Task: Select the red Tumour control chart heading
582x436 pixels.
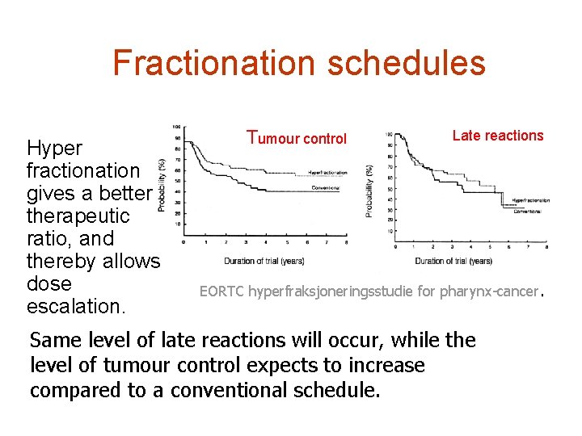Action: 297,138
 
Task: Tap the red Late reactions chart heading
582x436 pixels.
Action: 498,136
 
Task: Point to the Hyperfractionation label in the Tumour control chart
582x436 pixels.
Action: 327,173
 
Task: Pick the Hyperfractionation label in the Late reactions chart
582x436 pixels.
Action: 530,200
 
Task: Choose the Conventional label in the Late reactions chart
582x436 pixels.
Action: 527,211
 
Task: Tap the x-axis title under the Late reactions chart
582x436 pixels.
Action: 453,260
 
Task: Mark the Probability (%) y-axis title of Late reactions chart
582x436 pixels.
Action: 369,191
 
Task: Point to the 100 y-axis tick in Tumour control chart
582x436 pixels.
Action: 176,127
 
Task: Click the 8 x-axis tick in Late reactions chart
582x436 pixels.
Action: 548,247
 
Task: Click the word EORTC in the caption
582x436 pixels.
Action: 222,291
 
